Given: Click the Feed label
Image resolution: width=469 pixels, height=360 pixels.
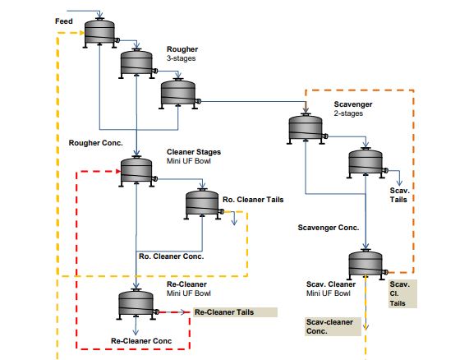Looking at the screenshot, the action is pos(64,21).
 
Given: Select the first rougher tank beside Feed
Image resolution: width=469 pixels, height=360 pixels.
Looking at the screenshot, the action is pos(100,33).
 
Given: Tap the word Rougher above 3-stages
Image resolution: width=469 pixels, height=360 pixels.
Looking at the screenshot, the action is pos(182,49).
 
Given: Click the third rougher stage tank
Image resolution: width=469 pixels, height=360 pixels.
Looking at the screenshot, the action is pos(178,94).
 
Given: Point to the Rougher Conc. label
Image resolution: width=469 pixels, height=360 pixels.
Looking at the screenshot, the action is pos(96,143).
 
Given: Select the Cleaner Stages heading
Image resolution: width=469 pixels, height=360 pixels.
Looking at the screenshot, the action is pos(194,152).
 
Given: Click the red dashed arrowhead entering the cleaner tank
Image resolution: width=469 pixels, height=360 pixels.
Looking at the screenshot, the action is pos(118,172).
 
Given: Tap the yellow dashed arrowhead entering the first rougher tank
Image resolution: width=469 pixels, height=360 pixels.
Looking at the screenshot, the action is pos(81,33).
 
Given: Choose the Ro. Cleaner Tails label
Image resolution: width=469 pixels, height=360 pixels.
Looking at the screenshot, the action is pos(253,200).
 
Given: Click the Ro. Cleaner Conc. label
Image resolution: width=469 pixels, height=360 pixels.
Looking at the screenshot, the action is pos(172,256).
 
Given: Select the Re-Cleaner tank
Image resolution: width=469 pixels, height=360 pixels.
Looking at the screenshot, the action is pos(136,304).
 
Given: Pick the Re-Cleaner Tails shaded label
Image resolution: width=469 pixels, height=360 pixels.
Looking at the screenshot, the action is pos(235,312).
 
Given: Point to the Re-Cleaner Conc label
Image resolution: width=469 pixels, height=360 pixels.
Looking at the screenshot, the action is pos(141,341).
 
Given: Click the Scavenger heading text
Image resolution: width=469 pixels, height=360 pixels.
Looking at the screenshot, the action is pos(353,104).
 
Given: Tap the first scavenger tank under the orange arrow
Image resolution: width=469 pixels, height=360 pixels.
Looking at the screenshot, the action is pos(306,129).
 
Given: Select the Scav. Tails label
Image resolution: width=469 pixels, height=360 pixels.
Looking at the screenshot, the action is pos(399,195).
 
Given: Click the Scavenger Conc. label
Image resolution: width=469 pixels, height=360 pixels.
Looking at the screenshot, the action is pos(328,228).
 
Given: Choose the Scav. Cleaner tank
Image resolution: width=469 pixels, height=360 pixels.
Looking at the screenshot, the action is pos(366,265).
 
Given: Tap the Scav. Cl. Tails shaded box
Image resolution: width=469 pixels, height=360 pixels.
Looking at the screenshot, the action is pos(402,294).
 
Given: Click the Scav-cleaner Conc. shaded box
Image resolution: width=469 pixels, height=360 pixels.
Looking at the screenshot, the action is pos(333,326).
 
